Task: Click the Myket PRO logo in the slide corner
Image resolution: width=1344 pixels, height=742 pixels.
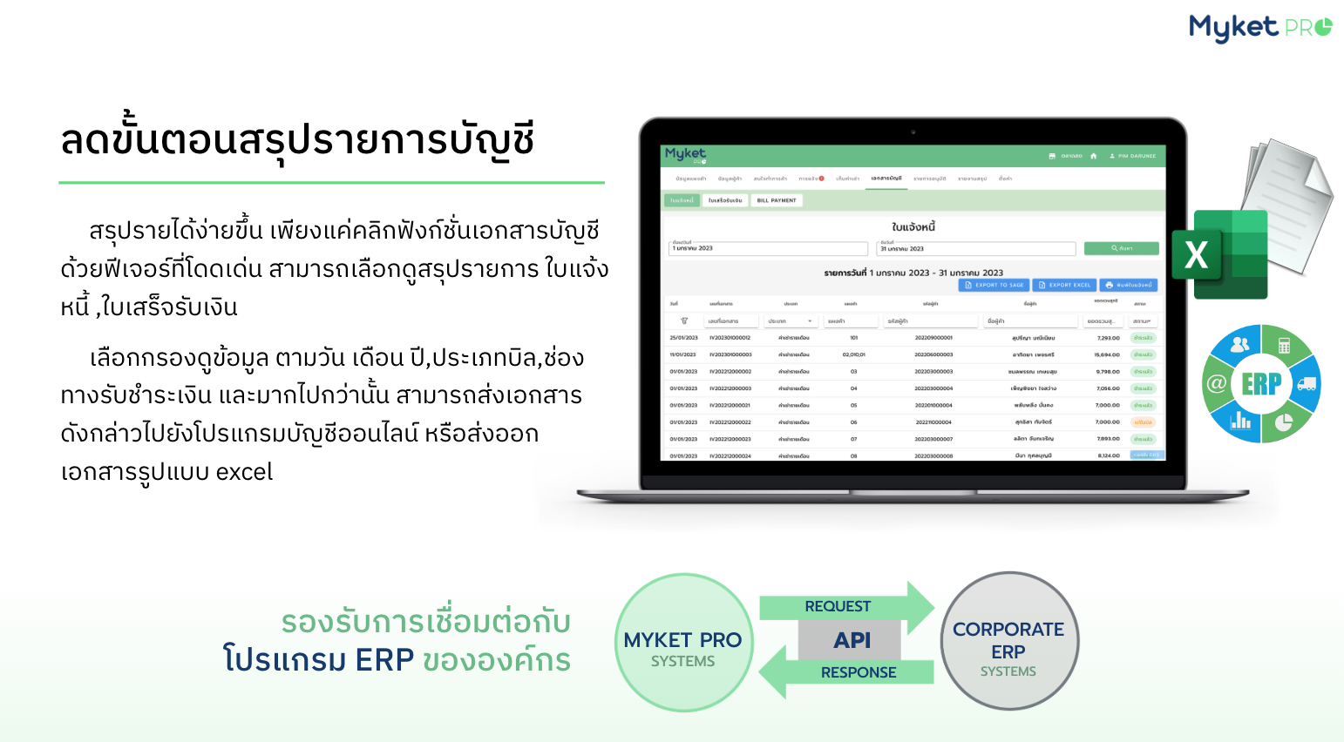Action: (x=1259, y=28)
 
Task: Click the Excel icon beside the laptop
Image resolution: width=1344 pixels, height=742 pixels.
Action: (x=1219, y=254)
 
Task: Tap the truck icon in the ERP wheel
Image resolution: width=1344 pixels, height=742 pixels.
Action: (x=1306, y=383)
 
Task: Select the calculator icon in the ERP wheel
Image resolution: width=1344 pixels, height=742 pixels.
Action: (x=1284, y=345)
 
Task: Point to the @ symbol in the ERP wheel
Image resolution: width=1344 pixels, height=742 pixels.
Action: (x=1216, y=383)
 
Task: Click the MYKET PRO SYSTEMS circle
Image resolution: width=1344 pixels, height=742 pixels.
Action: (x=683, y=643)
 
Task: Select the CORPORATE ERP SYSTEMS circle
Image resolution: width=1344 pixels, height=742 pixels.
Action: (x=1008, y=641)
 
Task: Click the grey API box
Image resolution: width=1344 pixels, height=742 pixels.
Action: (x=851, y=640)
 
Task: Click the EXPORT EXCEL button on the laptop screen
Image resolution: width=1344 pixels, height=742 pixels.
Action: (x=1064, y=285)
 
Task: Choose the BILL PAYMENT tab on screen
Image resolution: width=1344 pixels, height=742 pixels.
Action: (x=776, y=200)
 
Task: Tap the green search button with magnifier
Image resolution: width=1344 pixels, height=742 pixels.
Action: (x=1121, y=248)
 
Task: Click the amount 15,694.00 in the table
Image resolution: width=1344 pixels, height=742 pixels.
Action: (x=1107, y=354)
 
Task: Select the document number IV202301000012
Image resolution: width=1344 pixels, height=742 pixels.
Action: (x=730, y=338)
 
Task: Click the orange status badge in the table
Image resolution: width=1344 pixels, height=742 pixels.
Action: (x=1143, y=422)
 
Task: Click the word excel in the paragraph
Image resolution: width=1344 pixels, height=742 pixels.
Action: (x=244, y=472)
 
